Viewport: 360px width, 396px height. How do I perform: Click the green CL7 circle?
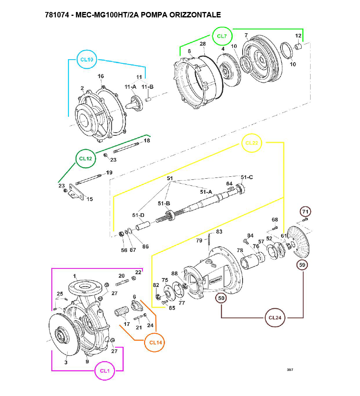coord(222,36)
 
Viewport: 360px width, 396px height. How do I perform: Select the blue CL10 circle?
coord(87,59)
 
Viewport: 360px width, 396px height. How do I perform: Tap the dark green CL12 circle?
coord(85,159)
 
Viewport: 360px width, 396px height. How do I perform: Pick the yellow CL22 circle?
coord(252,143)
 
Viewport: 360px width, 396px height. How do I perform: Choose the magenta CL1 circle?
coord(105,371)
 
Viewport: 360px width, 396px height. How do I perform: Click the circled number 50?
coord(221,298)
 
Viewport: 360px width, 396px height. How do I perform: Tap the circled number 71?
coord(306,212)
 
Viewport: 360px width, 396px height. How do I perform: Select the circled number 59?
coord(302,265)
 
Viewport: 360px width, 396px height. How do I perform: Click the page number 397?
coord(290,370)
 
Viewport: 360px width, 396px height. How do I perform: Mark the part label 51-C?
coord(247,177)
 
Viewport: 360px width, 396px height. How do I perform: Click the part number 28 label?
coord(202,44)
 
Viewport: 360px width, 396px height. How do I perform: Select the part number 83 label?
coord(219,232)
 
